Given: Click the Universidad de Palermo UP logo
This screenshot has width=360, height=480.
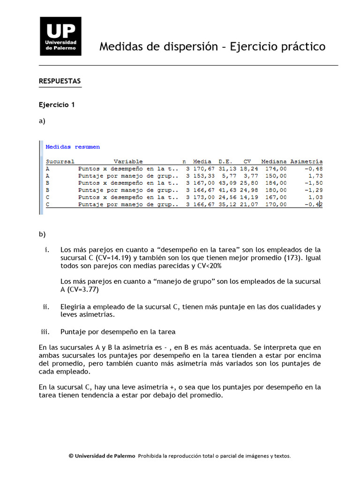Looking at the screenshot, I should coord(60,36).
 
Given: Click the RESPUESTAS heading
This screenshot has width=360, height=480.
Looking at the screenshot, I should coord(60,81).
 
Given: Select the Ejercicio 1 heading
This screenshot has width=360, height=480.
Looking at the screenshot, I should coord(57,105).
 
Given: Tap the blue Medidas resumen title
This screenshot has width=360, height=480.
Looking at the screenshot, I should coord(73,147).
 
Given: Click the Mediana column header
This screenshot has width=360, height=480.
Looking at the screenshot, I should coord(274,161).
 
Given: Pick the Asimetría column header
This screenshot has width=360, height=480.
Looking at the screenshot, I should coord(307,161).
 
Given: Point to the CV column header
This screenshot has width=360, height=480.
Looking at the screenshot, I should coord(247,161).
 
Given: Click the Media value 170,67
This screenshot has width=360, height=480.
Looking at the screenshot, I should coord(202,168).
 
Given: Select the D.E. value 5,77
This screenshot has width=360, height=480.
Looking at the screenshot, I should coord(229,176).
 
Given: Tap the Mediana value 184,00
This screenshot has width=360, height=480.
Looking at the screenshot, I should coord(276,183).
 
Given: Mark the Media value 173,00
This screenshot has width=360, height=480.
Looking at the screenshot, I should coord(202,197).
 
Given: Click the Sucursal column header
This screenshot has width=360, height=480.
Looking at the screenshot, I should coord(60,161).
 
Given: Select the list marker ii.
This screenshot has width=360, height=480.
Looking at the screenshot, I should coord(46,307).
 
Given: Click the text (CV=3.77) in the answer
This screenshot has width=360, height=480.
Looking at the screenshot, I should coord(80,290).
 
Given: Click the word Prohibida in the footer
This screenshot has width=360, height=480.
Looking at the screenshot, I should coord(151,456).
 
